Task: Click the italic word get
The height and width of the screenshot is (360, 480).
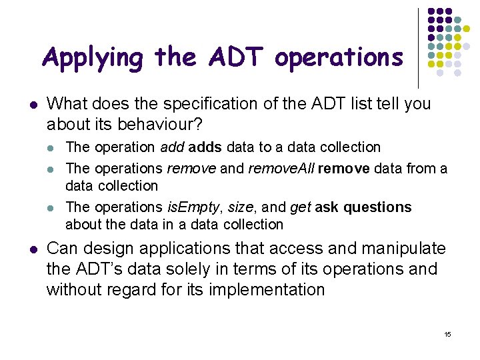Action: point(300,207)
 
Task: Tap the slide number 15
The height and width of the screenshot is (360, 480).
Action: point(447,333)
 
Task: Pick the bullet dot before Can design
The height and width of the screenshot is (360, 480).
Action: point(33,249)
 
